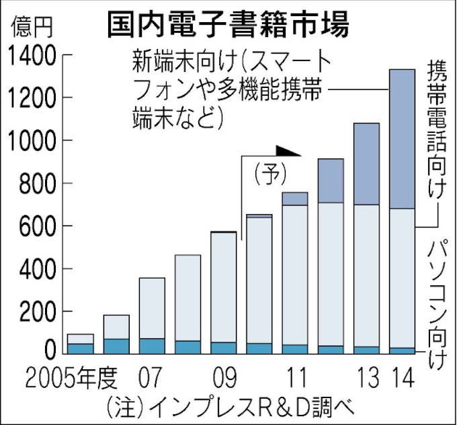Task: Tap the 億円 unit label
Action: pyautogui.click(x=30, y=28)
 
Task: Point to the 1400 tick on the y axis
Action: pyautogui.click(x=32, y=56)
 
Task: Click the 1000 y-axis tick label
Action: pyautogui.click(x=32, y=141)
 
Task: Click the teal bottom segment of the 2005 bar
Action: pyautogui.click(x=81, y=348)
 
